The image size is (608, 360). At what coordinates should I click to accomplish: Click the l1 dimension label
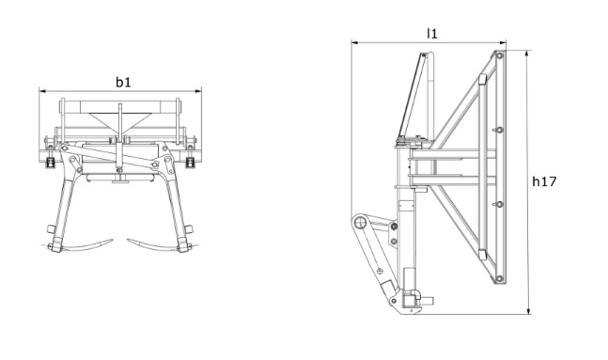(432, 33)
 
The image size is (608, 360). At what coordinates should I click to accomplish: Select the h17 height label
(546, 181)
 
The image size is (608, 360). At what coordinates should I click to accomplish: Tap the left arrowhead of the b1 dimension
(42, 91)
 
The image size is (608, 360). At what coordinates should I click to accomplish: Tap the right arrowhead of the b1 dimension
(199, 91)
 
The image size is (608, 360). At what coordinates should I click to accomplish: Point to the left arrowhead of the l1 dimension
(354, 41)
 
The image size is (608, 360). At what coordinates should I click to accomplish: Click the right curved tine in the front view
(155, 245)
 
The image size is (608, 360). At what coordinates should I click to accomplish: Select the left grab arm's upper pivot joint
(63, 150)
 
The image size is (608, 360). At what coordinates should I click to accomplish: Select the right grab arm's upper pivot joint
(173, 150)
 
